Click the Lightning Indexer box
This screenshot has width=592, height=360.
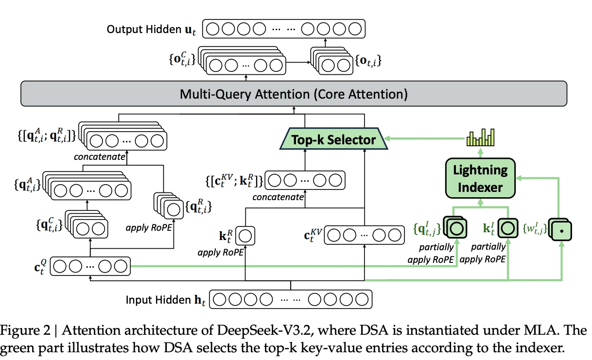(480, 179)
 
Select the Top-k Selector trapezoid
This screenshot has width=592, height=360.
(333, 140)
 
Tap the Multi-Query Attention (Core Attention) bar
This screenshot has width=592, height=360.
(294, 93)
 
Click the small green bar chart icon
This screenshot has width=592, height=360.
(480, 137)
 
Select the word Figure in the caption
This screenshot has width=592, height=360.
(22, 330)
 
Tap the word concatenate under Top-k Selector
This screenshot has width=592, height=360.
(278, 197)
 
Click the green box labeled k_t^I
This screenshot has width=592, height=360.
(508, 227)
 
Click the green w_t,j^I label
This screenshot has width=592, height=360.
(532, 227)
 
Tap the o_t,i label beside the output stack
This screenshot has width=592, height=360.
(368, 61)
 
